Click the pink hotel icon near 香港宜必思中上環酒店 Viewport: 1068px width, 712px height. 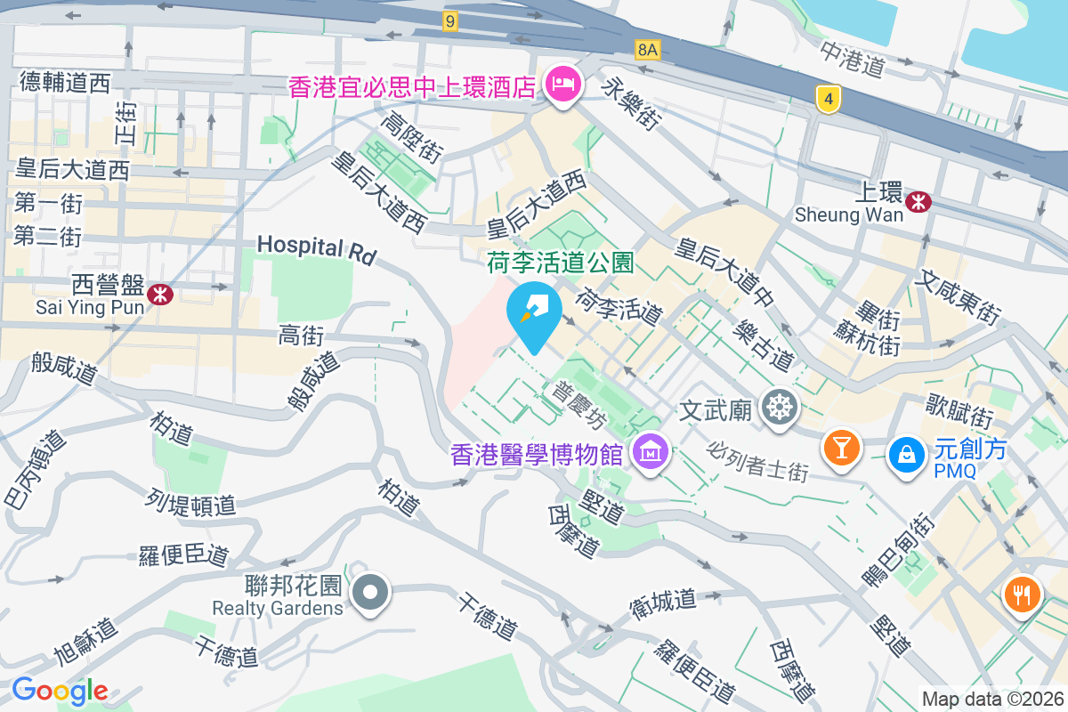coord(563,85)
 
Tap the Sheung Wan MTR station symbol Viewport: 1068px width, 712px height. coord(918,202)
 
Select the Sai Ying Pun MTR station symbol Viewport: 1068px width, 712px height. coord(161,294)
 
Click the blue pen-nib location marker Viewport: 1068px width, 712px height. coord(533,312)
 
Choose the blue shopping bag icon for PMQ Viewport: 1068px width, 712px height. coord(905,453)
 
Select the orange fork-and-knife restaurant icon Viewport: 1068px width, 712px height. coord(1022,593)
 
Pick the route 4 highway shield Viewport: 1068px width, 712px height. coord(829,101)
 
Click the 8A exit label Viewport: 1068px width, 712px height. coord(648,51)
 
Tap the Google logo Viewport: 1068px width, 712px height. coord(61,691)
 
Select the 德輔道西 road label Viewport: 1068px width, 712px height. coord(65,84)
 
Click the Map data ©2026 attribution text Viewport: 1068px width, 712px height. coord(992,699)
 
